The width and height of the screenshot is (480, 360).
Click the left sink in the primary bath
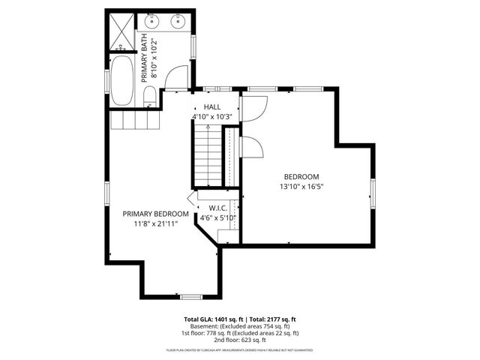[151, 19]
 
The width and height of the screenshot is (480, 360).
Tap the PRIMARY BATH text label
[145, 58]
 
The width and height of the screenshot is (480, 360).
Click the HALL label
[211, 107]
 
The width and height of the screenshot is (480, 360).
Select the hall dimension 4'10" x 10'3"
[214, 117]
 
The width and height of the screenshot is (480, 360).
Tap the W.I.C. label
[218, 208]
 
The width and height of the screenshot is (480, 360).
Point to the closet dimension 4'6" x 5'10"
[218, 218]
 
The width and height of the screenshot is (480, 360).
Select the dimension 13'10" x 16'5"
[301, 187]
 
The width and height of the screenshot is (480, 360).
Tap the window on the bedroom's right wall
[372, 190]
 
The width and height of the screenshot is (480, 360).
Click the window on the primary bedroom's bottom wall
[191, 296]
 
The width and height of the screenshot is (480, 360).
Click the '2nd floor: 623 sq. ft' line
[240, 340]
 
